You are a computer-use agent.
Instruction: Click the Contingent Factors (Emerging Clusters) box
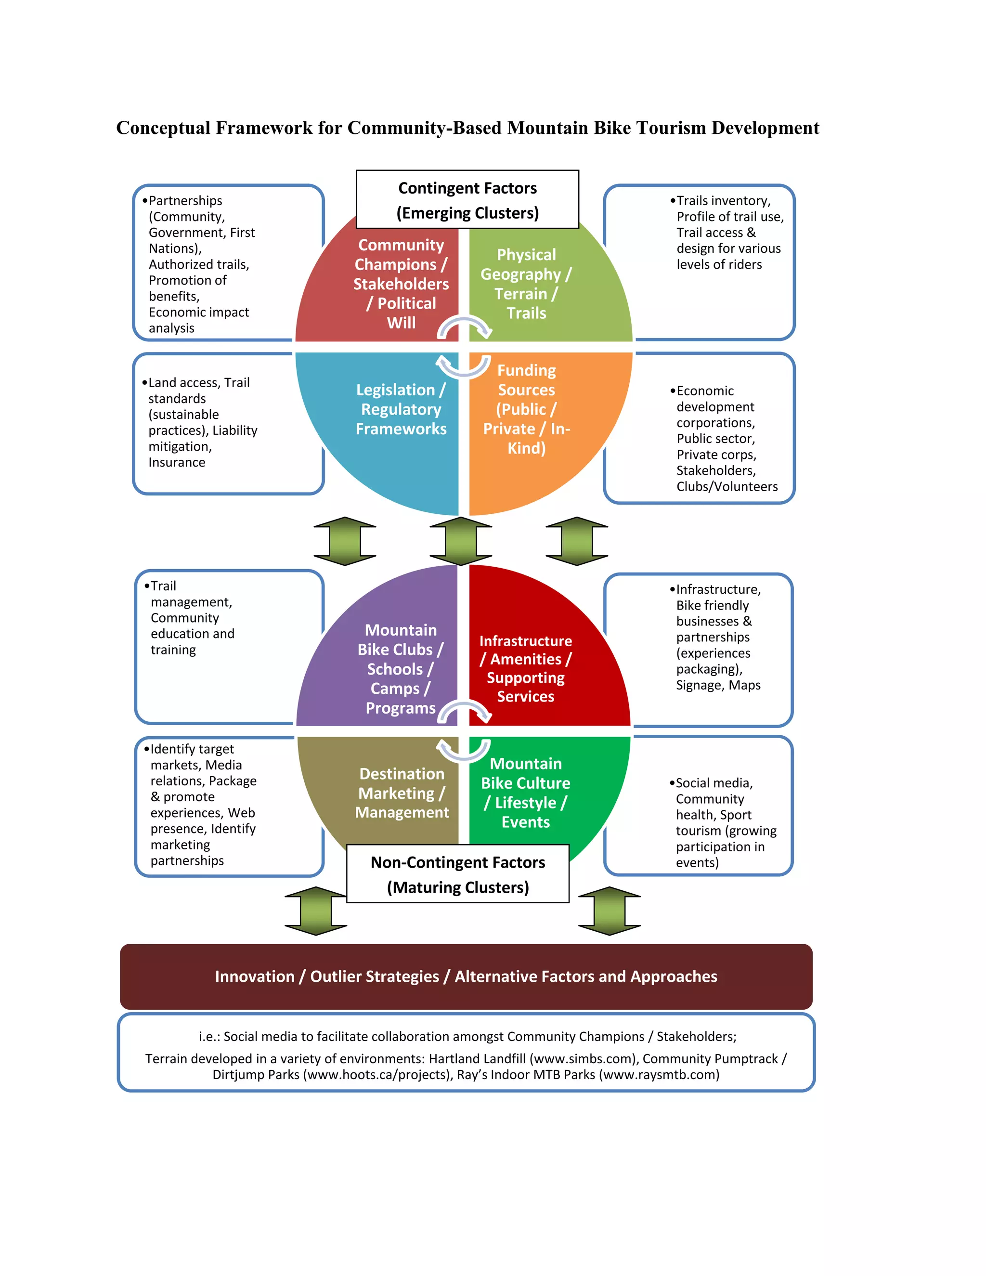point(467,200)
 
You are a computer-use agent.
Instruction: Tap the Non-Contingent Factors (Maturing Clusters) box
point(457,874)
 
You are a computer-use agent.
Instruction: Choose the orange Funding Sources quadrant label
point(526,409)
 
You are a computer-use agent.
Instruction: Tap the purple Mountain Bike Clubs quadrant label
point(400,668)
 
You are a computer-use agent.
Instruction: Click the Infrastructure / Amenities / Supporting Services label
point(525,668)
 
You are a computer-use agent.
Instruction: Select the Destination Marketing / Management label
point(402,793)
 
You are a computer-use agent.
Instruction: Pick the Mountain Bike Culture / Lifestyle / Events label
point(525,793)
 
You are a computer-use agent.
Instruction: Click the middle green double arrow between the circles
point(460,541)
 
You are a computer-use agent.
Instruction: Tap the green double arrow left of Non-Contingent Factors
point(315,911)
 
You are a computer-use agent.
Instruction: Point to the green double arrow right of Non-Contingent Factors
point(609,911)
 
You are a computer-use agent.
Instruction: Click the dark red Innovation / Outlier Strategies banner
point(466,977)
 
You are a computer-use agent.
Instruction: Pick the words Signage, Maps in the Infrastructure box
point(718,685)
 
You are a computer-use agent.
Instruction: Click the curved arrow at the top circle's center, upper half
point(465,327)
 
